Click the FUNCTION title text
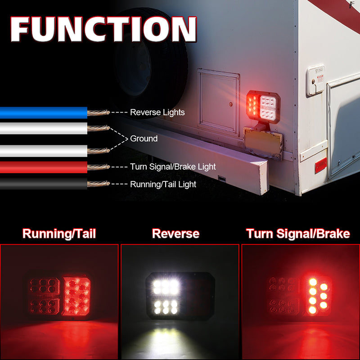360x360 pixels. coord(103,29)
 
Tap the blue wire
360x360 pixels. coord(44,113)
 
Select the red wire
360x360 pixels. coord(44,167)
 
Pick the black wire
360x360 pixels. coord(44,184)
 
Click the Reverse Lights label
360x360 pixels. coord(157,112)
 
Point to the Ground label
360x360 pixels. coord(144,139)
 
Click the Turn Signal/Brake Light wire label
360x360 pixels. coord(173,166)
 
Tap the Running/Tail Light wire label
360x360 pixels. coord(163,184)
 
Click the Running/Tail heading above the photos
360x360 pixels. coord(59,234)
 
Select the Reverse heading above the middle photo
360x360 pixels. coord(175,234)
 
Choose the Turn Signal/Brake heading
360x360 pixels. coord(298,234)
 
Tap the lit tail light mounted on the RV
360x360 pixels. coord(263,107)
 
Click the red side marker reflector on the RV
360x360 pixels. coord(321,165)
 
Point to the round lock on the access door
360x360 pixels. coord(230,104)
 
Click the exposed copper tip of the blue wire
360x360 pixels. coord(99,112)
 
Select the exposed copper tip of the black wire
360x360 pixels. coord(99,184)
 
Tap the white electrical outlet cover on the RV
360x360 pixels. coord(316,81)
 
